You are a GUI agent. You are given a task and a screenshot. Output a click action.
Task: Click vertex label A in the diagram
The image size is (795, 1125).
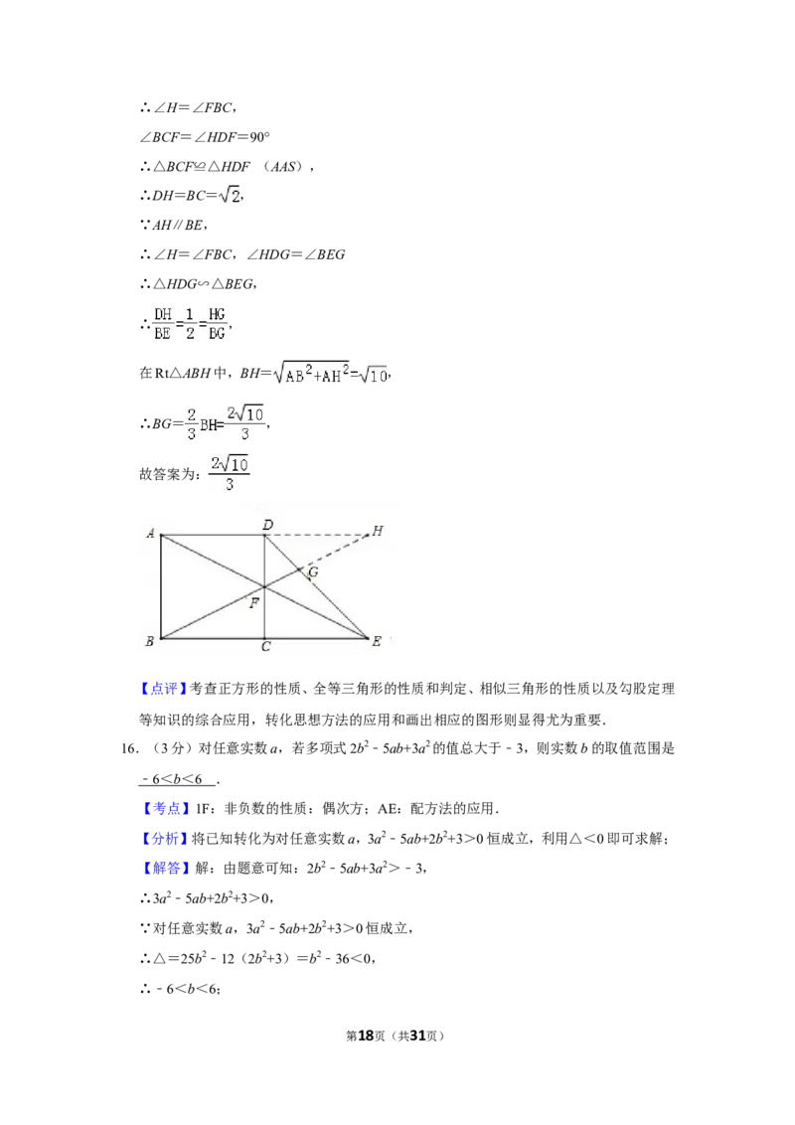(151, 533)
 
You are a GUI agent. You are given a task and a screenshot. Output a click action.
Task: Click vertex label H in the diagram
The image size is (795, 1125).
(378, 531)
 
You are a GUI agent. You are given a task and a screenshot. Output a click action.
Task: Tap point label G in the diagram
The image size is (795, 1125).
(313, 571)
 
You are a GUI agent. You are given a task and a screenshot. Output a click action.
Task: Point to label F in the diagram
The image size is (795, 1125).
(254, 603)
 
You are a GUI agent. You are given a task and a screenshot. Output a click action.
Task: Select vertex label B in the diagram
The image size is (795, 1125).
(149, 641)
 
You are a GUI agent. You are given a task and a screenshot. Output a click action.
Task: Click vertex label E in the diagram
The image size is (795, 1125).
(377, 641)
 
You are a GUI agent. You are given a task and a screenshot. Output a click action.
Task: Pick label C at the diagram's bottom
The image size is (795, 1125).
(265, 646)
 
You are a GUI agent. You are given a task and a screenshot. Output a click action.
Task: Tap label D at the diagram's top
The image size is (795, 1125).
(267, 525)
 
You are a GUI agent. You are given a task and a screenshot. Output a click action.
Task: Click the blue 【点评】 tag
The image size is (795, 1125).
(164, 689)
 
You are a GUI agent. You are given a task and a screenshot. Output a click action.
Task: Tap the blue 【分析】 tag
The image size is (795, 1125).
(165, 839)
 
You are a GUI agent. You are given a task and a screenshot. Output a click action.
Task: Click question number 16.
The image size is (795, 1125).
(130, 749)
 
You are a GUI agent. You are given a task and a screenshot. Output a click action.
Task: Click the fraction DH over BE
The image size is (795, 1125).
(163, 324)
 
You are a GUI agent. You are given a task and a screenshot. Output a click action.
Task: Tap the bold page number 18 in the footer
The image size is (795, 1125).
(366, 1036)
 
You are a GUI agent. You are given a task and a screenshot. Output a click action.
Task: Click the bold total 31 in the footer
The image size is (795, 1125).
(417, 1036)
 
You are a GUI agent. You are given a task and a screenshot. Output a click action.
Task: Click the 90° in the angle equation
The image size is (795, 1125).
(259, 136)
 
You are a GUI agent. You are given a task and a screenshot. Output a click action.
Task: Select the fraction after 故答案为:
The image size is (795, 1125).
(230, 473)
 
